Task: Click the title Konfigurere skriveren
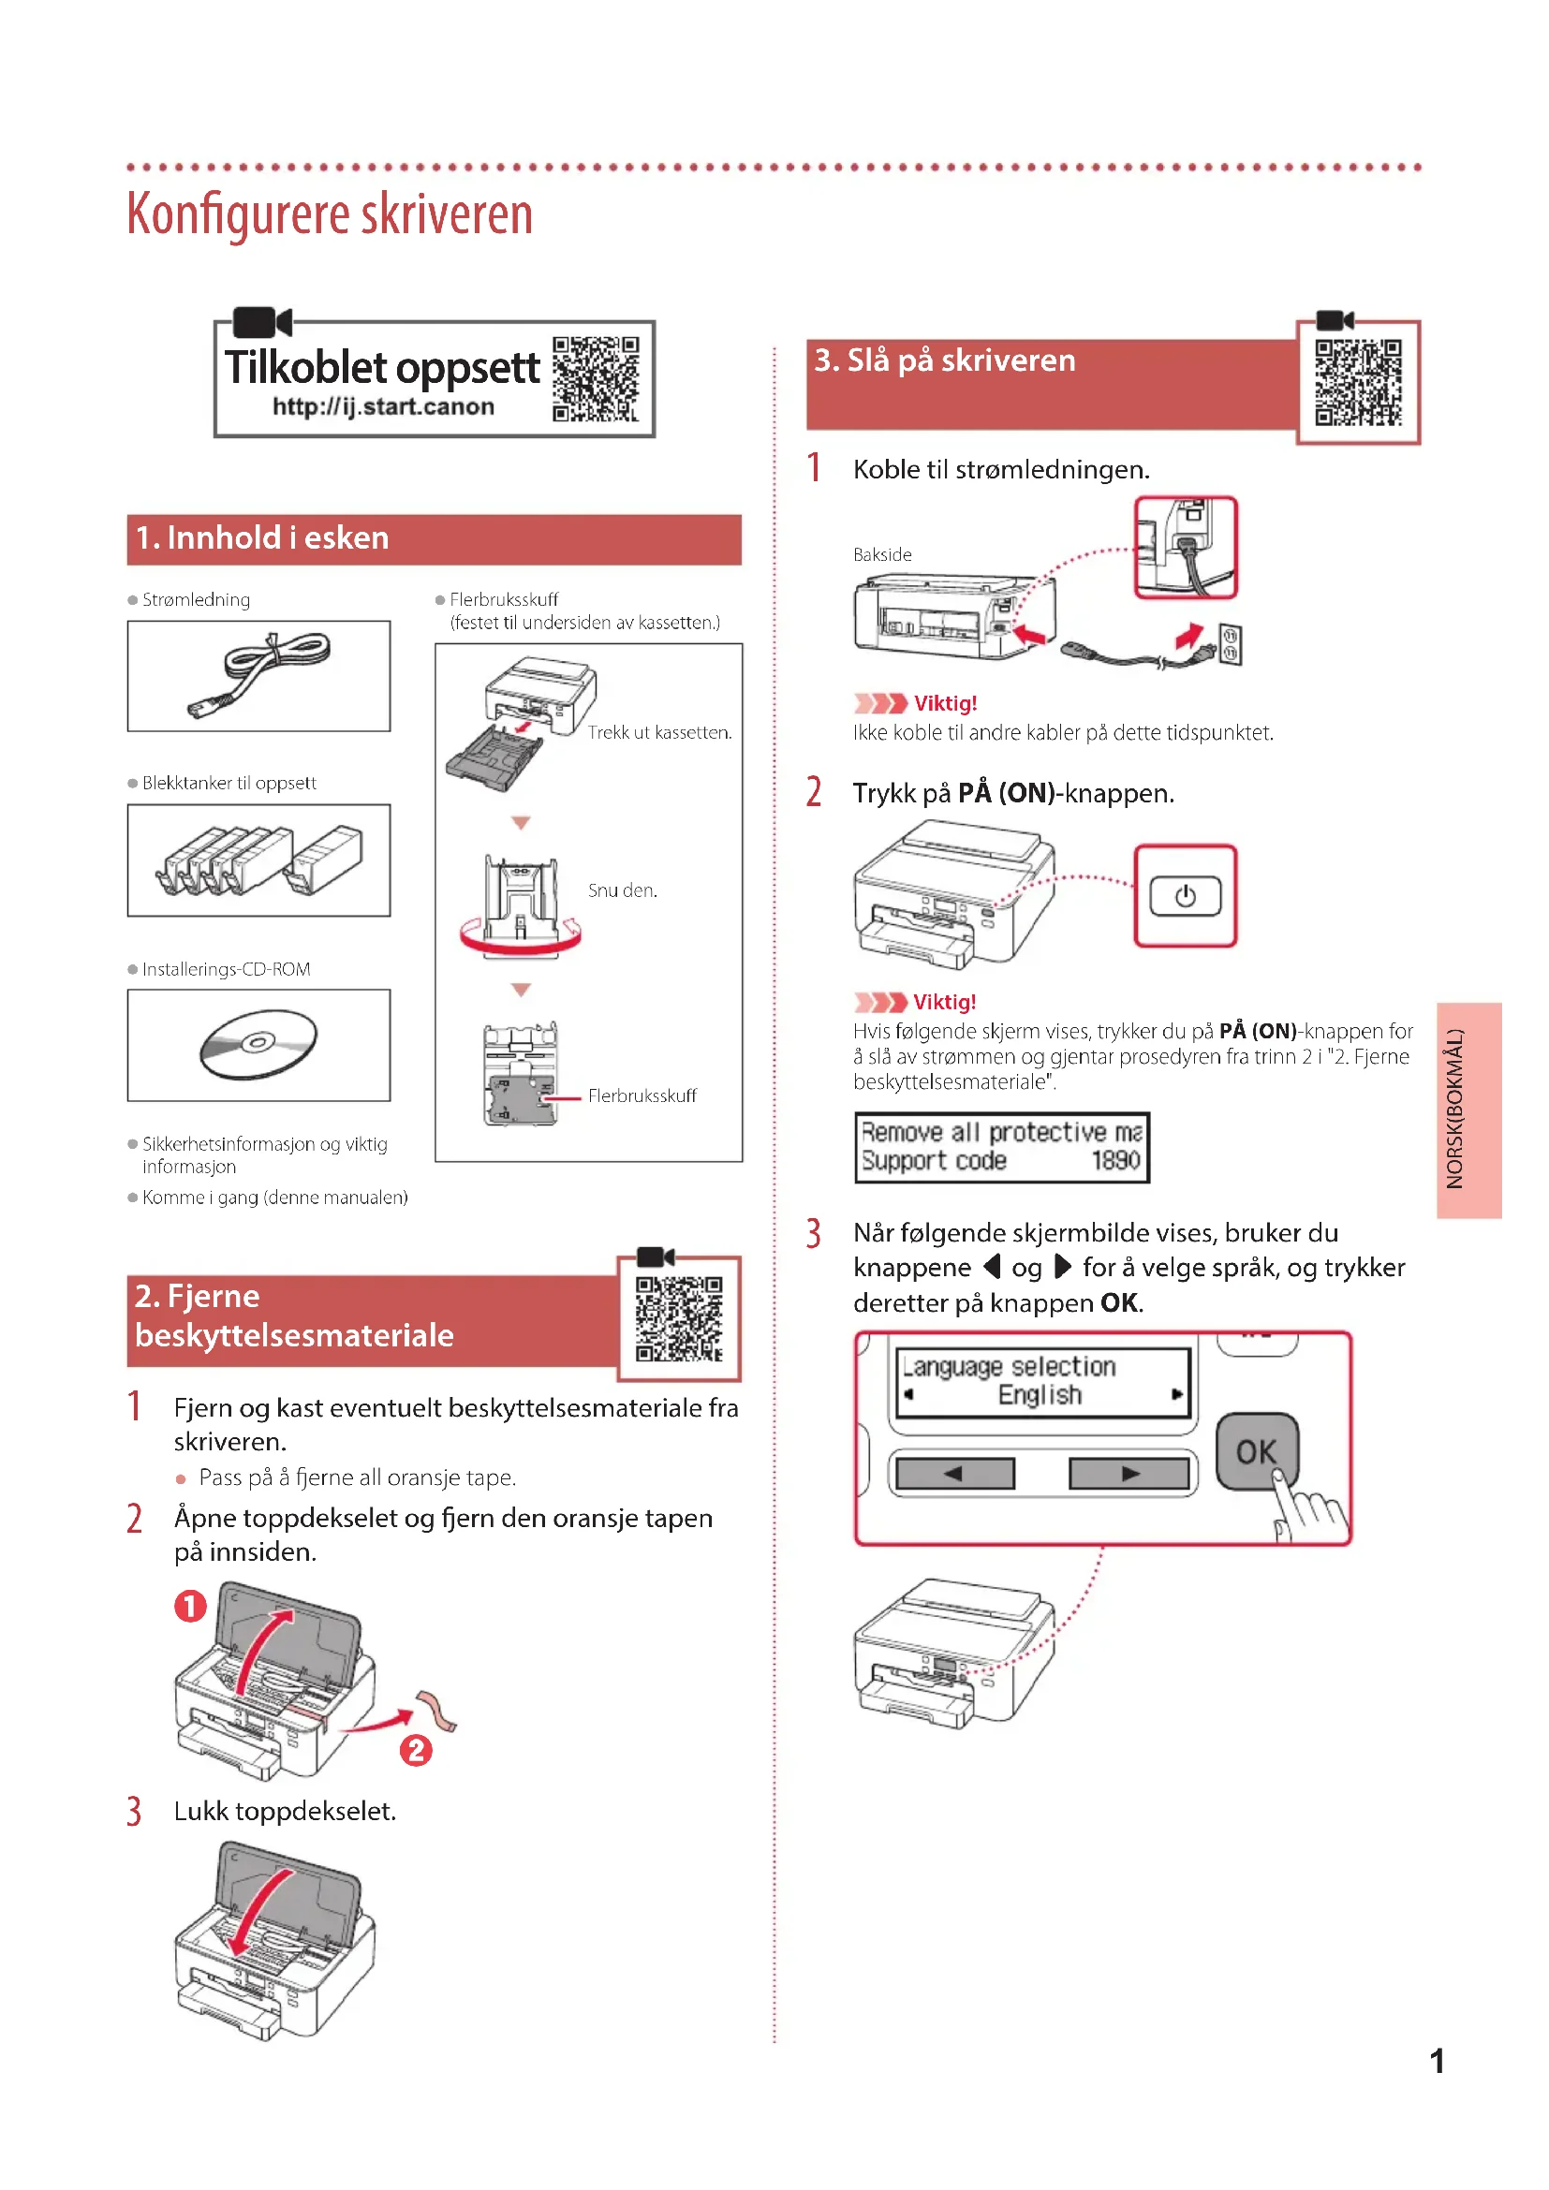coord(329,213)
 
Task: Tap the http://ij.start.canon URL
coord(382,407)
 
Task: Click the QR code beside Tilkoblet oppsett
coord(596,378)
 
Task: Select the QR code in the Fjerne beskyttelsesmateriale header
coord(678,1319)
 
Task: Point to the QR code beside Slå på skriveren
coord(1357,383)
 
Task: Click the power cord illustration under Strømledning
coord(259,674)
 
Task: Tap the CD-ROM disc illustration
coord(258,1045)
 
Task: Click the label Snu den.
coord(622,890)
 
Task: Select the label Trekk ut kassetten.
coord(659,732)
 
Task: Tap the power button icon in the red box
coord(1185,896)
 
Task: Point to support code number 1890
coord(1115,1161)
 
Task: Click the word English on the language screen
coord(1040,1394)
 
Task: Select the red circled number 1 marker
coord(190,1606)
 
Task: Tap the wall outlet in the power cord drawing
coord(1230,645)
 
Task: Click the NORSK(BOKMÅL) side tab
coord(1468,1110)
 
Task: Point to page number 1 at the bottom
coord(1437,2061)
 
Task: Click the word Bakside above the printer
coord(882,554)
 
